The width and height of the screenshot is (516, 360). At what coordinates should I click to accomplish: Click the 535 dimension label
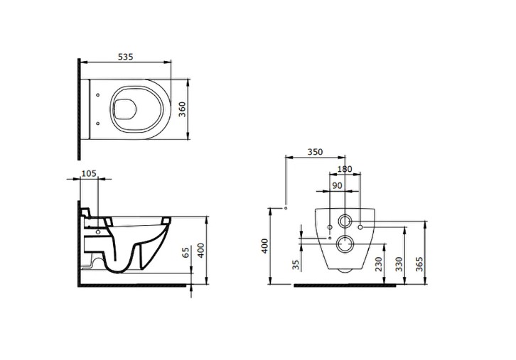pyautogui.click(x=126, y=57)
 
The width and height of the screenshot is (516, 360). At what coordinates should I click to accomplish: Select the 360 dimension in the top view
pyautogui.click(x=182, y=109)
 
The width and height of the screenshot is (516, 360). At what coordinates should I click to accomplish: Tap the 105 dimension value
pyautogui.click(x=89, y=173)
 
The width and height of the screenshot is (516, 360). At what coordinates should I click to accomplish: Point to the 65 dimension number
pyautogui.click(x=186, y=253)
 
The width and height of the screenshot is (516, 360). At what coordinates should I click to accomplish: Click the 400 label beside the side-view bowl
pyautogui.click(x=200, y=250)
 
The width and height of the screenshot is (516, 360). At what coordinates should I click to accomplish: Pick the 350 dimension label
pyautogui.click(x=316, y=152)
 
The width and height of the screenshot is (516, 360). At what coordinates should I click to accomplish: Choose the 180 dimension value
pyautogui.click(x=345, y=169)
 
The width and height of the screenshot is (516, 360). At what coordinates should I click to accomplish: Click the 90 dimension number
pyautogui.click(x=337, y=186)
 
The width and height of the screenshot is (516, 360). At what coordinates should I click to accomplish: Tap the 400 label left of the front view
pyautogui.click(x=265, y=246)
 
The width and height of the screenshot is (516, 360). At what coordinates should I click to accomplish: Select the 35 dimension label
pyautogui.click(x=296, y=265)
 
